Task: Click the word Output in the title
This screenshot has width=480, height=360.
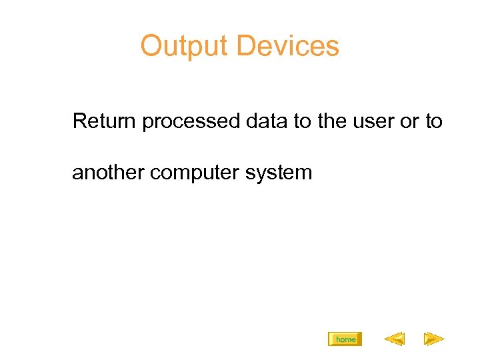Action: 184,47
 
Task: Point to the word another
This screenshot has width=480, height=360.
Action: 109,173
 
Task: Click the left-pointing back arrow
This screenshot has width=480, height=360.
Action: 394,340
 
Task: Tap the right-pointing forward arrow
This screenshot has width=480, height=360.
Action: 434,340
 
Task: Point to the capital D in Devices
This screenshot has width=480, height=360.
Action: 245,47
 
